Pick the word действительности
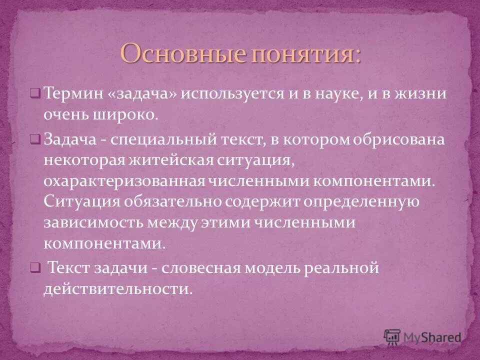pyautogui.click(x=118, y=289)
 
